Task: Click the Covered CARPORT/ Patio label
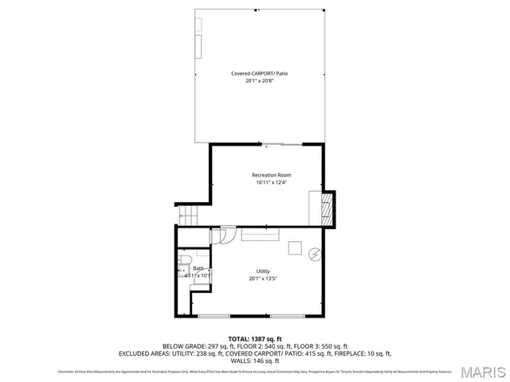(260, 73)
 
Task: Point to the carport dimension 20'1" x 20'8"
(260, 80)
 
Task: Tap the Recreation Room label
(271, 174)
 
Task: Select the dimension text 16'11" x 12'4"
(271, 182)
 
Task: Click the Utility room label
(263, 271)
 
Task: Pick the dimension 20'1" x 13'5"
(263, 279)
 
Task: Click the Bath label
(198, 268)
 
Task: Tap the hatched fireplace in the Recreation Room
(324, 209)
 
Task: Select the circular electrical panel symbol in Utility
(315, 255)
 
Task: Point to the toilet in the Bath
(182, 260)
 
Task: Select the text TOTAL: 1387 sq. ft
(255, 339)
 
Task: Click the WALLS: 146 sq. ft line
(255, 360)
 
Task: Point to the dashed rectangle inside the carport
(199, 24)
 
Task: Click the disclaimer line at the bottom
(255, 372)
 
